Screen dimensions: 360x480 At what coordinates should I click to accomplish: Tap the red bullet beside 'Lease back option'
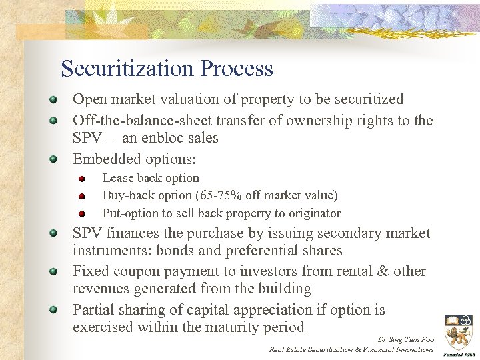click(x=81, y=179)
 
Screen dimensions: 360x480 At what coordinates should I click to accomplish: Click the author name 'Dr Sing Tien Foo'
click(x=405, y=339)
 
